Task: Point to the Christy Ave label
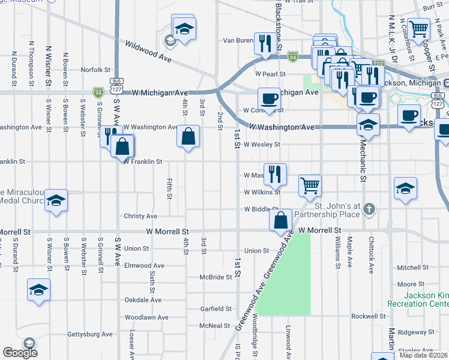[140, 216]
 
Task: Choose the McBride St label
[216, 277]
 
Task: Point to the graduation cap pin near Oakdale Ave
[39, 290]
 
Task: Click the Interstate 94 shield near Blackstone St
[292, 56]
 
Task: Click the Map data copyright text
[423, 355]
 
